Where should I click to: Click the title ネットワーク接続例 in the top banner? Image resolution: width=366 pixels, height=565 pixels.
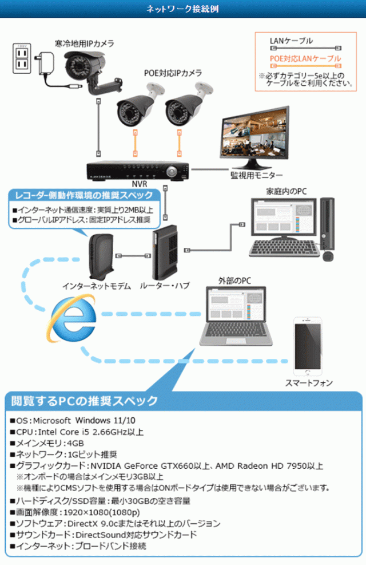[x=181, y=10]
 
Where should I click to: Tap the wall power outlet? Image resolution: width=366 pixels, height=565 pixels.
[x=22, y=58]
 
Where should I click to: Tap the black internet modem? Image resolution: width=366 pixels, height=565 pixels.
[x=101, y=255]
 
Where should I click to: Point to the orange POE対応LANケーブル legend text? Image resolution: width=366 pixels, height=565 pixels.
[x=305, y=58]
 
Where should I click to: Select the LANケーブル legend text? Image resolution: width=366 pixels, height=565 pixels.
[x=292, y=41]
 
